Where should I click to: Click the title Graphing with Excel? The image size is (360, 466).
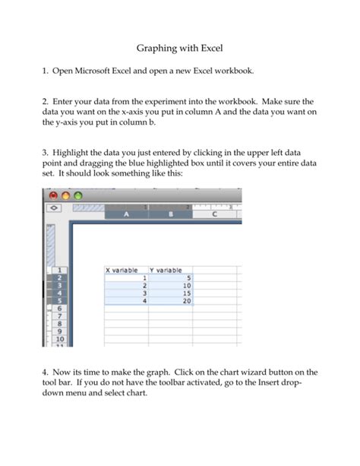point(179,47)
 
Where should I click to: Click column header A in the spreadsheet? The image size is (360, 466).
point(126,215)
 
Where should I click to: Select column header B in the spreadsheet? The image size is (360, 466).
point(171,215)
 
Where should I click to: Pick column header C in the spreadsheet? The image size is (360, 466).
point(216,215)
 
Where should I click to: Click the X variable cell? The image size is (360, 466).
point(125,270)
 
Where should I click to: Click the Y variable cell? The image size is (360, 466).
point(170,270)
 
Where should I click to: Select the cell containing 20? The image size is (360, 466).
point(170,301)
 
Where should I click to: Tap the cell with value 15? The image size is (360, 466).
point(170,293)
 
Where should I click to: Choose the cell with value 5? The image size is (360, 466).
point(170,278)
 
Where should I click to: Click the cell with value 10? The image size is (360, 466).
point(170,286)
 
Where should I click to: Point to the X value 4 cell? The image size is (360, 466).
point(125,301)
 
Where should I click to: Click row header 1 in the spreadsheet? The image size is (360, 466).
point(58,270)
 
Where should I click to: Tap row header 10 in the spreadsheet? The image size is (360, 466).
point(58,339)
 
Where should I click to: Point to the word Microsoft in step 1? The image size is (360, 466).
point(99,71)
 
